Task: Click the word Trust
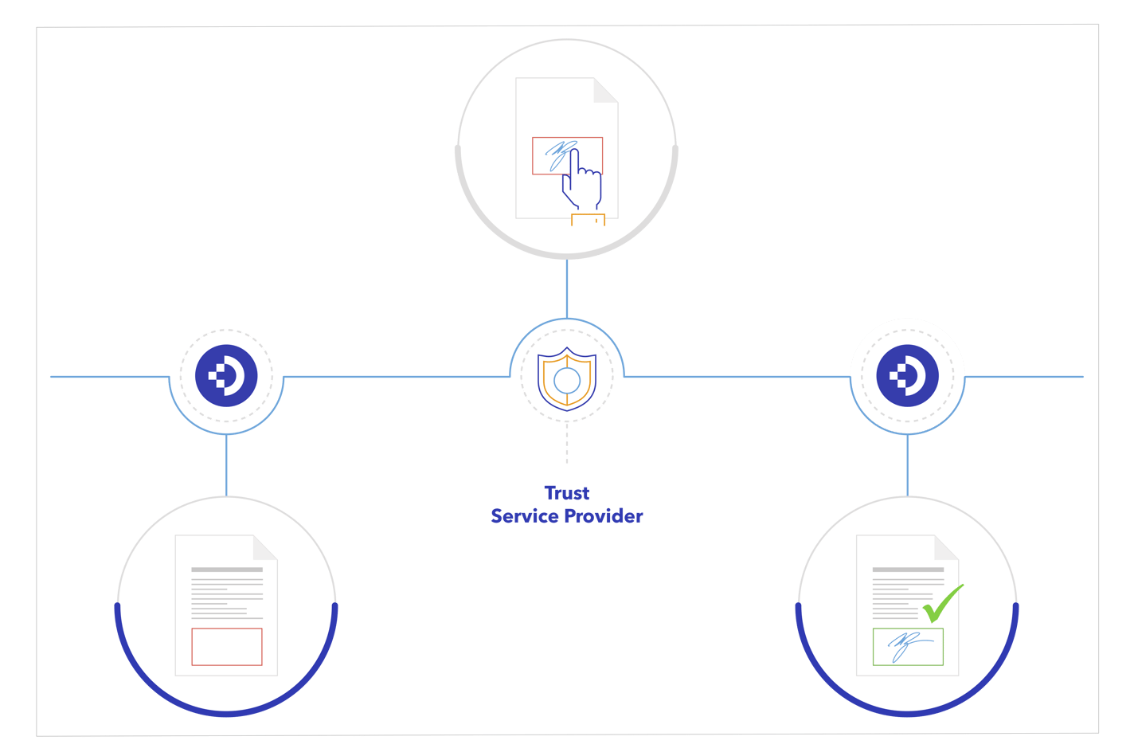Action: click(x=566, y=493)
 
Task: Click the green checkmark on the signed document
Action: click(x=943, y=603)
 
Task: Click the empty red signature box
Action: click(x=226, y=646)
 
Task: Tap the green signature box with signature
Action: click(x=907, y=646)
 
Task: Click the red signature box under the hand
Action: click(x=549, y=155)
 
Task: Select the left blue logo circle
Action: click(x=226, y=376)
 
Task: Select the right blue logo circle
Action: click(x=907, y=376)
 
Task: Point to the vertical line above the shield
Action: click(x=567, y=288)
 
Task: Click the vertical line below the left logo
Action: click(x=226, y=465)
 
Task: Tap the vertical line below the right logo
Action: click(x=907, y=465)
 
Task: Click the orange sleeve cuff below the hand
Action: click(x=588, y=220)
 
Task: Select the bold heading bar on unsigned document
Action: click(x=226, y=570)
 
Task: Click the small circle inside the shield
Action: click(x=567, y=381)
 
